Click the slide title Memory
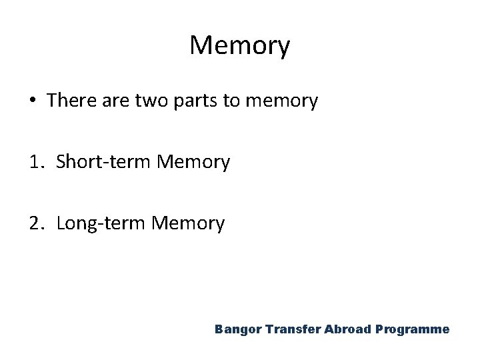[240, 46]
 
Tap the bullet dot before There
[33, 101]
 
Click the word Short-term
[103, 162]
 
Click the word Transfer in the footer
[287, 329]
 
